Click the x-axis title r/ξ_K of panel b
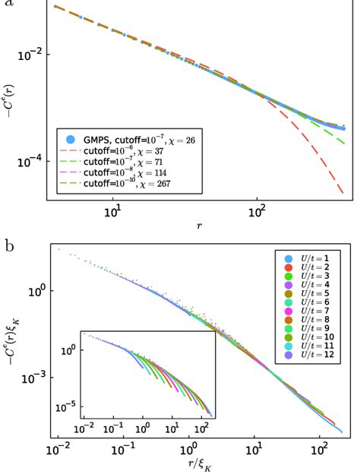[199, 464]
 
